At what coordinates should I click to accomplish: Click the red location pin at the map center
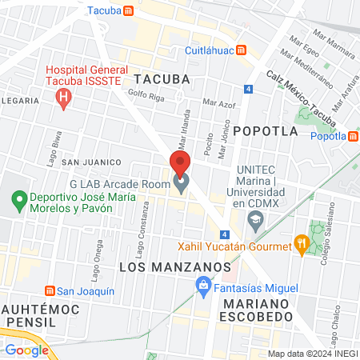click(180, 164)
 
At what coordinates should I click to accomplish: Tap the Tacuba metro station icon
click(141, 11)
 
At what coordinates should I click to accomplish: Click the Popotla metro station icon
click(353, 136)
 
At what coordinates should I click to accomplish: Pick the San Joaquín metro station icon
click(50, 290)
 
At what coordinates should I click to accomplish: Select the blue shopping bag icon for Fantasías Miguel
click(204, 285)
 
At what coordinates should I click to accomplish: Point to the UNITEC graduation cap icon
click(255, 219)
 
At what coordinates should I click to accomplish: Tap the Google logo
click(26, 350)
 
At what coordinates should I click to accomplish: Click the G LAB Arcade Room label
click(120, 184)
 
